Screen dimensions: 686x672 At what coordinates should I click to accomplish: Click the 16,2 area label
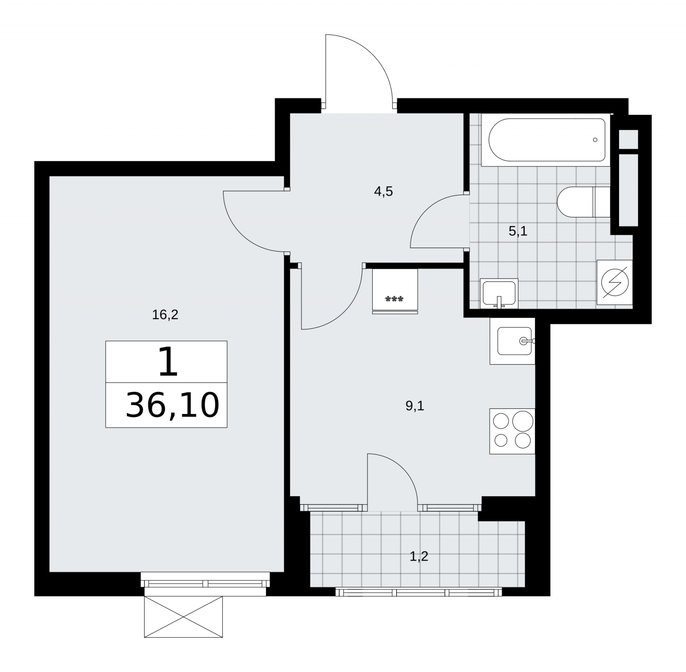coord(165,315)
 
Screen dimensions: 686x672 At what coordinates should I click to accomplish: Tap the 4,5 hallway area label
coord(383,192)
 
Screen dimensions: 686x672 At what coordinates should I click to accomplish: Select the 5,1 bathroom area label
coord(518,231)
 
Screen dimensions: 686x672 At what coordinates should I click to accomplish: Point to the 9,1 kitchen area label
coord(415,406)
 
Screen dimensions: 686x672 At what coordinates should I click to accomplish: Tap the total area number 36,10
coord(172,405)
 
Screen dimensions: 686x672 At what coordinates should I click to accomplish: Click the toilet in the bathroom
coord(584,202)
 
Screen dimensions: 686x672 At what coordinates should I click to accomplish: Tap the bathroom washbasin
coord(499,293)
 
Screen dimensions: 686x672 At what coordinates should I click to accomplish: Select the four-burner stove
coord(512,431)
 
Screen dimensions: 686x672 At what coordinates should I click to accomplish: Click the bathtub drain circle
coord(595,140)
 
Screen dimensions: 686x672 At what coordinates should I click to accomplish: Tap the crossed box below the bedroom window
coord(184,617)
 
